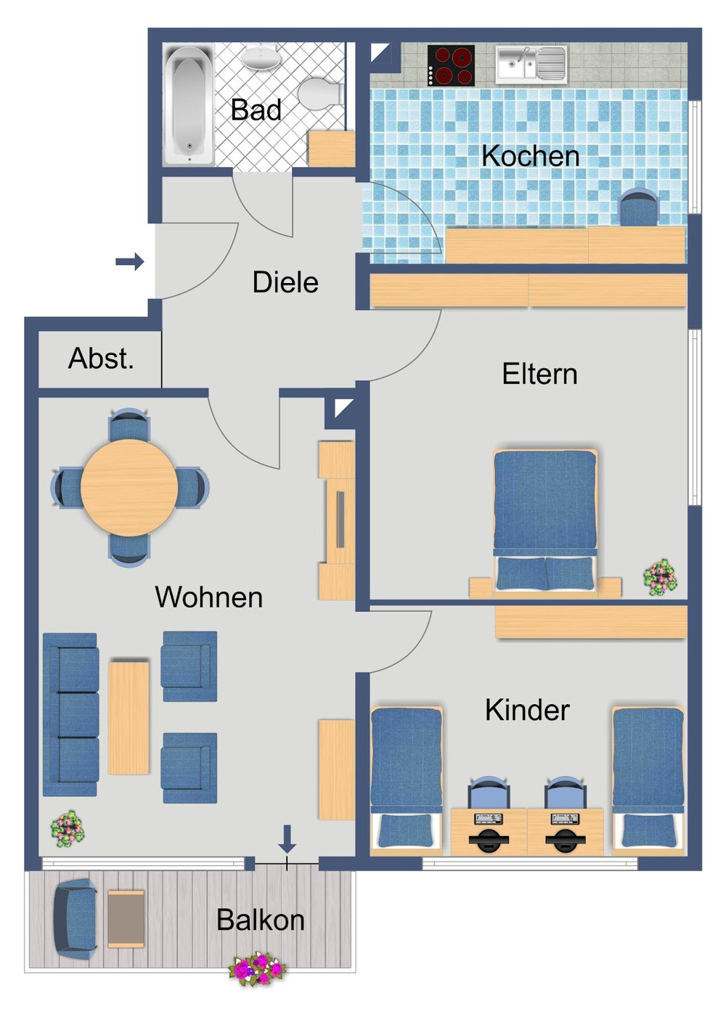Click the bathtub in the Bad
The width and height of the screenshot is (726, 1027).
(x=188, y=105)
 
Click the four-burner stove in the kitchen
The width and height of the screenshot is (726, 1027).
(x=451, y=65)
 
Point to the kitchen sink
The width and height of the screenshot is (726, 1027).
(x=531, y=63)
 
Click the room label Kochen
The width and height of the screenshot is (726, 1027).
(x=530, y=156)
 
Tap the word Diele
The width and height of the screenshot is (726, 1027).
(x=285, y=282)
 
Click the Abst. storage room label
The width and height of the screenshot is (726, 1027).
(x=101, y=359)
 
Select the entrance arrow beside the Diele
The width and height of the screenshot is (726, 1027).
(x=130, y=261)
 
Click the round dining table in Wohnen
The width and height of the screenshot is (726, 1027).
(x=129, y=488)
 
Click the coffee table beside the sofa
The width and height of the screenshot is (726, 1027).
(x=129, y=717)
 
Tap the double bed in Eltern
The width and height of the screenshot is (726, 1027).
(x=544, y=519)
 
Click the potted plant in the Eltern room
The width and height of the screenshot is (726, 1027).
(x=660, y=578)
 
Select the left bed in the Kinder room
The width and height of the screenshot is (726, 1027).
(x=406, y=777)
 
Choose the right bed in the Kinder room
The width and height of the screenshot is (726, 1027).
(x=648, y=777)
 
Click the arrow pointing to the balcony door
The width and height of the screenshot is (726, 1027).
(x=287, y=838)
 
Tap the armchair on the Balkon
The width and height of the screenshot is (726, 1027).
(x=75, y=920)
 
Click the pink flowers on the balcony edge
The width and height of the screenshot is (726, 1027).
(x=257, y=969)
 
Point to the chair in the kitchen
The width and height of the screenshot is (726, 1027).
(x=638, y=208)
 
